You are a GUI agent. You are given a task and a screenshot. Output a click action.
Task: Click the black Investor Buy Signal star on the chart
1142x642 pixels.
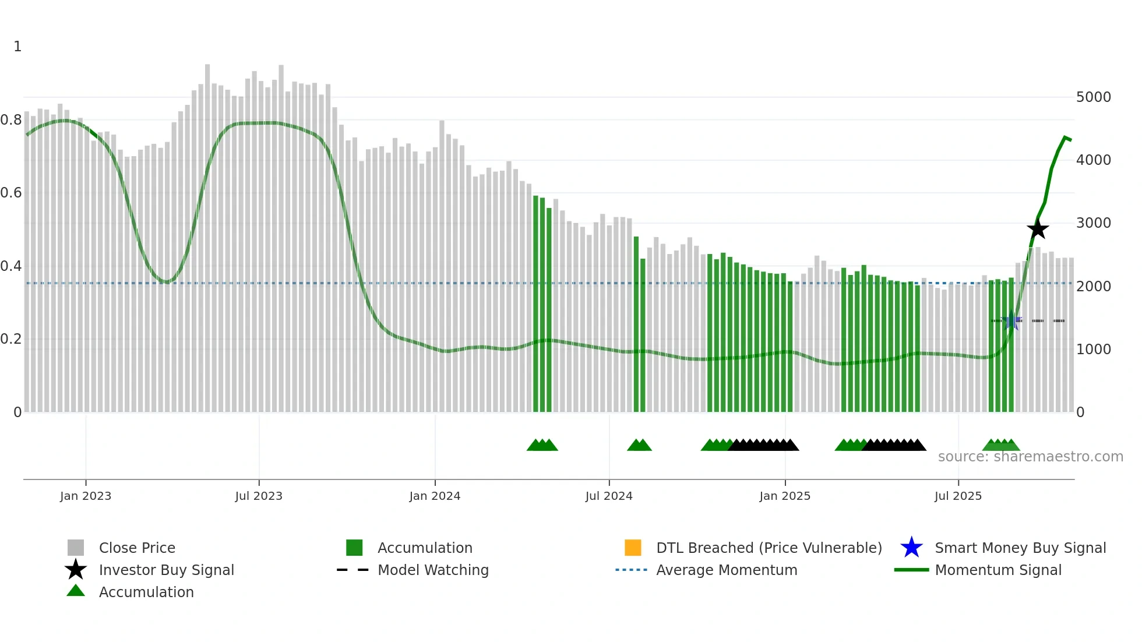click(1038, 229)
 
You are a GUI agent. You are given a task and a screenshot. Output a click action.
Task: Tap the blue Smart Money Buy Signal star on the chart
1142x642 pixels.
click(1012, 320)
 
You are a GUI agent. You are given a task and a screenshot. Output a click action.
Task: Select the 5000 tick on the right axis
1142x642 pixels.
click(1093, 97)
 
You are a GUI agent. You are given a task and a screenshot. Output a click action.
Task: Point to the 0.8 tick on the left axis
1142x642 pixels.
click(11, 120)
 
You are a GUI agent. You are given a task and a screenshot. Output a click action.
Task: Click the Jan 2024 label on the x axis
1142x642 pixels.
click(435, 496)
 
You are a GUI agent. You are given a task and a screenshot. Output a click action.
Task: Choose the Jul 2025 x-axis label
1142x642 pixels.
click(958, 496)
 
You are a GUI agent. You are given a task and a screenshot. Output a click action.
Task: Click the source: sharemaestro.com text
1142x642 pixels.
click(1030, 457)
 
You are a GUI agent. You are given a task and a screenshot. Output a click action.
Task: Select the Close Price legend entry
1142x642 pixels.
click(137, 548)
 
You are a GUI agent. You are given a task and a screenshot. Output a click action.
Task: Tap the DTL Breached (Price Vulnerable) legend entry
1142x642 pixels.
click(769, 548)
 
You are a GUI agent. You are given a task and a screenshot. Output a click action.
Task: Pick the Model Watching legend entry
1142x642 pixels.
click(433, 570)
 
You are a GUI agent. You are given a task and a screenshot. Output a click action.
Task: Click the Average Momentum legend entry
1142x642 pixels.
click(727, 570)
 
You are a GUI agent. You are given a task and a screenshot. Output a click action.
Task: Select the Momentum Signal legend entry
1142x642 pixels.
click(998, 570)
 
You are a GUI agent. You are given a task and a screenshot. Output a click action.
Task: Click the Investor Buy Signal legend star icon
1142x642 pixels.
click(76, 570)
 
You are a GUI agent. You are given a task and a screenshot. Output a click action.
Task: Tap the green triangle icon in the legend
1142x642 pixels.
click(76, 591)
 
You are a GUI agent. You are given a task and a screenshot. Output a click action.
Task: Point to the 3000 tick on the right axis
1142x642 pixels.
click(1093, 223)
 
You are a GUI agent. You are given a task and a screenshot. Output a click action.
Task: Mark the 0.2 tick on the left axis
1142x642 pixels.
click(11, 339)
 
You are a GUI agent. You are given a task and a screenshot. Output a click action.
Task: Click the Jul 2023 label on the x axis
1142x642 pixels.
click(259, 496)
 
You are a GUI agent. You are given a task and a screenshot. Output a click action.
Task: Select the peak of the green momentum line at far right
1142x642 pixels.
click(1065, 137)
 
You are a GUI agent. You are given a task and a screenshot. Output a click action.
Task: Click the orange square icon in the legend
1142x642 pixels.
click(633, 548)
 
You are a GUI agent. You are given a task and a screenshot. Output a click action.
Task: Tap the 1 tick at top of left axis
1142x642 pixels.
click(17, 47)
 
